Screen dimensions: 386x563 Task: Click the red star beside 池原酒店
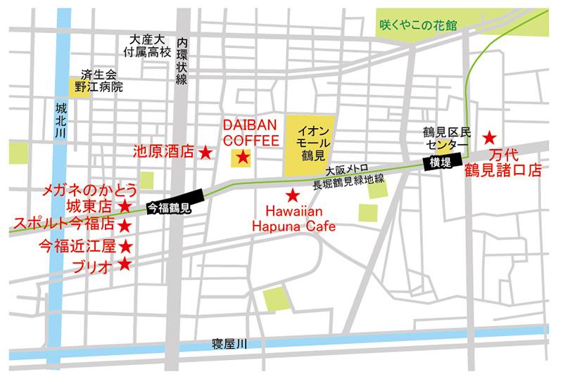pos(205,151)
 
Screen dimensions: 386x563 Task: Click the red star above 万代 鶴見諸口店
pos(489,136)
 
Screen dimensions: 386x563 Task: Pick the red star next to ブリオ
pos(125,264)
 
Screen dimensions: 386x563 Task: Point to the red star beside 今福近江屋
pos(125,246)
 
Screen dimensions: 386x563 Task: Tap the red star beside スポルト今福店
pos(125,226)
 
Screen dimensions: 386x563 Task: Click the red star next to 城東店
pos(125,206)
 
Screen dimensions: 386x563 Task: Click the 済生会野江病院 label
pos(101,81)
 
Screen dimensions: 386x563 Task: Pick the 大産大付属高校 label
pos(146,46)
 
